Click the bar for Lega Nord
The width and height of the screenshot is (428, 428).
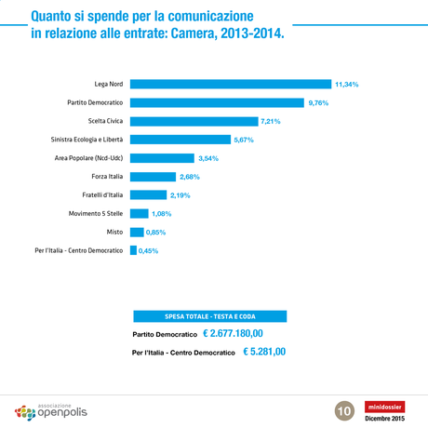[x=230, y=84]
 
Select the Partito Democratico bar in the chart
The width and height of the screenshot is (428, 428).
[x=217, y=102]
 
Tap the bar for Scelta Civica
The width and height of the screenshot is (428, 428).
[x=194, y=121]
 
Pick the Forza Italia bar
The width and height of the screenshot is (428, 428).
[x=153, y=177]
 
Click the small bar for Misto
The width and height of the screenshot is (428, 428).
[x=136, y=232]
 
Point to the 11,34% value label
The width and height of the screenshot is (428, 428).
[x=346, y=85]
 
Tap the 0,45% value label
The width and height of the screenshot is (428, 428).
[x=148, y=250]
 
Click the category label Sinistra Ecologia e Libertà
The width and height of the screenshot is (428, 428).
[x=75, y=140]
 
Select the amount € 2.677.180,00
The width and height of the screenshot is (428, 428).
[x=233, y=333]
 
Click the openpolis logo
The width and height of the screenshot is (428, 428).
[x=51, y=410]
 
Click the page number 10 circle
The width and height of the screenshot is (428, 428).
[x=343, y=409]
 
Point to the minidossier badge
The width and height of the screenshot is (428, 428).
[x=384, y=406]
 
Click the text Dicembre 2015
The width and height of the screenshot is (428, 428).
[x=384, y=419]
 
